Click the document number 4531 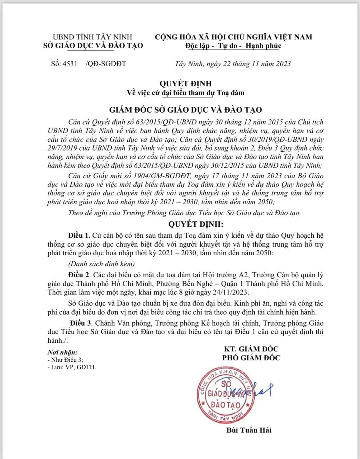coord(70,64)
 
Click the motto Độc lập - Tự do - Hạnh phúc coord(233,46)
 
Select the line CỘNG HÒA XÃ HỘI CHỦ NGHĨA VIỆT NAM coord(233,37)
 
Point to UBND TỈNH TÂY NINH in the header coord(93,37)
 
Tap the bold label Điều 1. coord(79,236)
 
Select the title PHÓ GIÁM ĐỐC coord(251,358)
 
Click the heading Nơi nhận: coord(62,352)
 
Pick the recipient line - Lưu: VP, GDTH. coord(72,367)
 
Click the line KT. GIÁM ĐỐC coord(251,349)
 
